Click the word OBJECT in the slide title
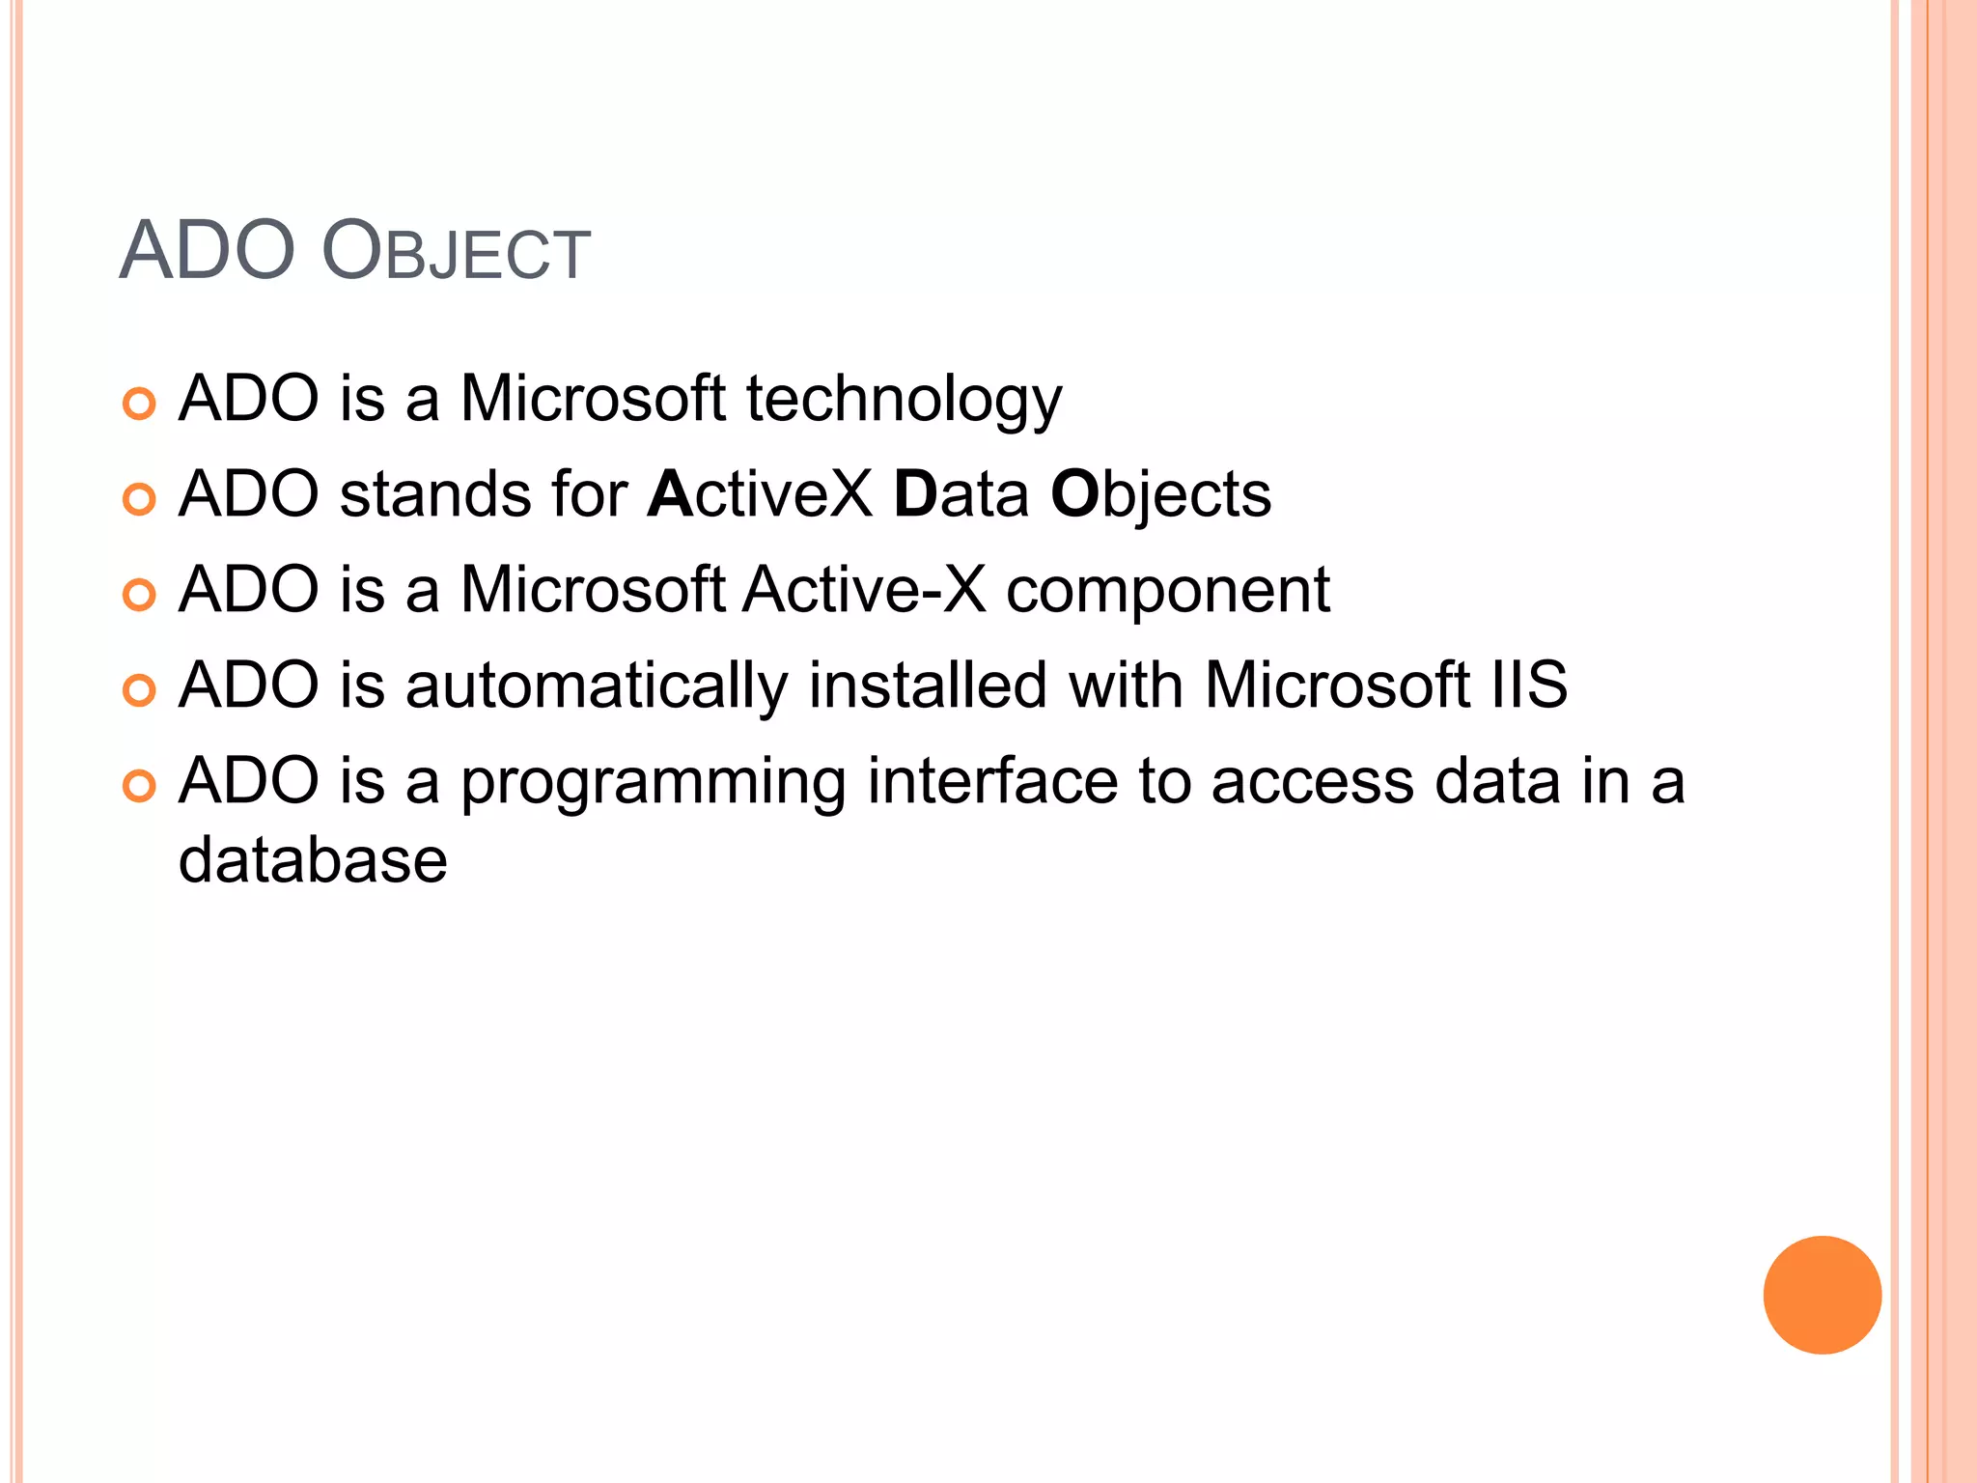[x=455, y=252]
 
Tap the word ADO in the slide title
[x=207, y=251]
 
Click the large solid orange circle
[x=1822, y=1295]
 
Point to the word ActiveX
[x=760, y=494]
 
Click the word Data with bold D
[x=961, y=494]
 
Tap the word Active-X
[x=865, y=590]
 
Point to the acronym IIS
[x=1529, y=686]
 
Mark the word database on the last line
[x=313, y=860]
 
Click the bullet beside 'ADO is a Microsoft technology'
[x=140, y=405]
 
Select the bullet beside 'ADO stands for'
[x=140, y=500]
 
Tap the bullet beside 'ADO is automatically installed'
[x=140, y=691]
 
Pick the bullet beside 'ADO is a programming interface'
[x=140, y=786]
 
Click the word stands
[x=434, y=494]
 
